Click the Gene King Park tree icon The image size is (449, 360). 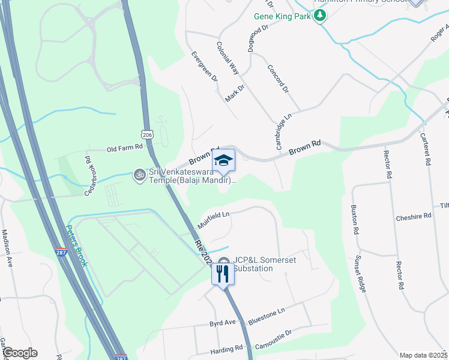321,16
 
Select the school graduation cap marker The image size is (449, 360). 223,160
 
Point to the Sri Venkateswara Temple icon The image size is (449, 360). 139,175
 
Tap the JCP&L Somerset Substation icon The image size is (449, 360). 224,262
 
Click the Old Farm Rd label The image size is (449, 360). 124,147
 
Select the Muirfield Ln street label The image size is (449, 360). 214,219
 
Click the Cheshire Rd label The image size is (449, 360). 414,215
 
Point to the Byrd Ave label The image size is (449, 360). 222,323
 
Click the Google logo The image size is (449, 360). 20,353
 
